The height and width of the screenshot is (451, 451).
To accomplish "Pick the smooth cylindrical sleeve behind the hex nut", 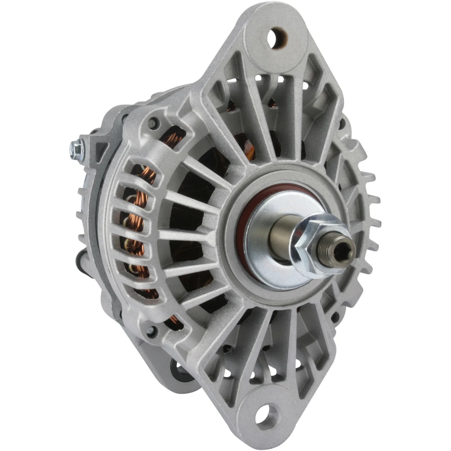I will (282, 233).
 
